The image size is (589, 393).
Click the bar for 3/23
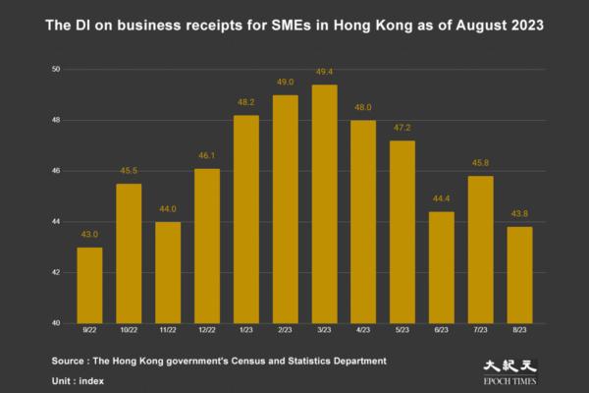pos(324,204)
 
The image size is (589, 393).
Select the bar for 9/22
pos(89,285)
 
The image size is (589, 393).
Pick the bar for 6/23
pos(442,267)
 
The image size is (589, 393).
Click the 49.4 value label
pos(324,74)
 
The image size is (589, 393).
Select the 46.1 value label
pos(207,157)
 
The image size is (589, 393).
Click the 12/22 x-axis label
pos(207,332)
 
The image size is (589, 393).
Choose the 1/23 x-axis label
pos(245,332)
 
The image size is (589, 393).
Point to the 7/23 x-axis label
pos(480,332)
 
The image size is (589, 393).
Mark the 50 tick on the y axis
pos(57,70)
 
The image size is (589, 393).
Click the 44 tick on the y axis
pos(57,222)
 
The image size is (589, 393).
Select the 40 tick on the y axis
pos(57,323)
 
